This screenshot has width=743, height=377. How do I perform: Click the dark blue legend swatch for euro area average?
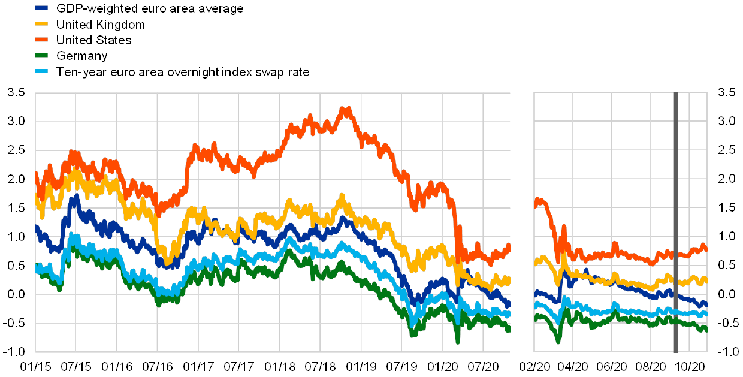click(42, 8)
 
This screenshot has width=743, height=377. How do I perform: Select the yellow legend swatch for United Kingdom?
click(42, 25)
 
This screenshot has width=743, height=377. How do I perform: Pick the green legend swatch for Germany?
click(42, 56)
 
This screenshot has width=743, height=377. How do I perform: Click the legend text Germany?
click(81, 56)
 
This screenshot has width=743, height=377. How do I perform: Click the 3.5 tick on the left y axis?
click(17, 93)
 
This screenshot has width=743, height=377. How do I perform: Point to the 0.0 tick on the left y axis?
click(17, 294)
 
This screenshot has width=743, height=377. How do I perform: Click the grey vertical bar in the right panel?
click(676, 222)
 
